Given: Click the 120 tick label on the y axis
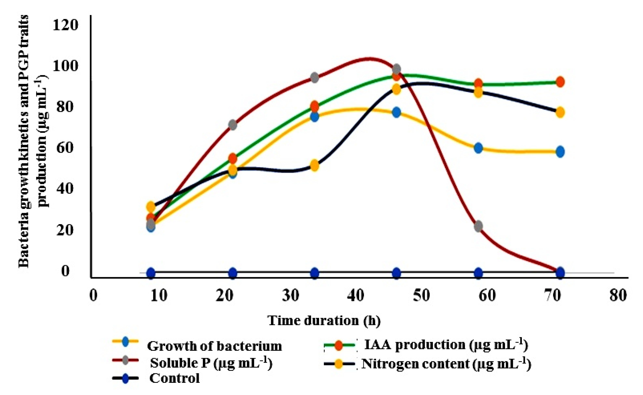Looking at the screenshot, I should coord(65,25).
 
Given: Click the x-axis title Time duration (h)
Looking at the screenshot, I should coord(324,321).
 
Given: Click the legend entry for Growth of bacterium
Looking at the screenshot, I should coord(214,346).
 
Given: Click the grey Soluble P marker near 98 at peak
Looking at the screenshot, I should coord(396,69).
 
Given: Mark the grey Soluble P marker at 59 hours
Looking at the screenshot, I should coord(478,226).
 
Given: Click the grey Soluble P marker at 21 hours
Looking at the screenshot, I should coord(233,125).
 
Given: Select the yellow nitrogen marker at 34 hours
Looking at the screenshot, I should coord(315,166).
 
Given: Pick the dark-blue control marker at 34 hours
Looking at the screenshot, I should coord(315,273).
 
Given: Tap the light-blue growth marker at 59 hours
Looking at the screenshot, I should coord(478,148).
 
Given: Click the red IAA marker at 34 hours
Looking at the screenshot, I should coord(315,106).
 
